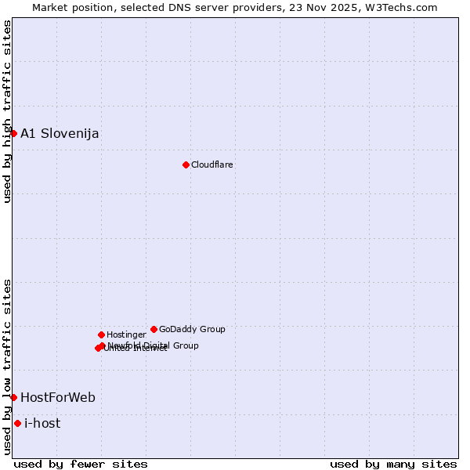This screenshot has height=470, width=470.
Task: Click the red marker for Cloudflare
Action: click(x=186, y=164)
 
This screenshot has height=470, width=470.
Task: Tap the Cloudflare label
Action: click(x=212, y=164)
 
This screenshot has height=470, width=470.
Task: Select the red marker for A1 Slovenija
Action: click(x=13, y=133)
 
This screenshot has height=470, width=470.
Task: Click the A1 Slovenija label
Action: click(x=60, y=133)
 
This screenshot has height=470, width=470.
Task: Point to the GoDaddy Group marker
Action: click(x=154, y=329)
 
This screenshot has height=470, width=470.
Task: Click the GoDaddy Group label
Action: click(x=192, y=329)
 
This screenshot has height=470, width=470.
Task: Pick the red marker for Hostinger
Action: click(x=101, y=334)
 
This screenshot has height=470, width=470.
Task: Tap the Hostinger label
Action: click(x=127, y=334)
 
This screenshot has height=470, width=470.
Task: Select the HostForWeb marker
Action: click(x=13, y=397)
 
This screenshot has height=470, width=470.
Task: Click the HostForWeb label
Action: click(x=58, y=397)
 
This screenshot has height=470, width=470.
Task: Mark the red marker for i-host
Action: click(x=17, y=423)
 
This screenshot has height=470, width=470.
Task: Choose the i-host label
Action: click(x=42, y=423)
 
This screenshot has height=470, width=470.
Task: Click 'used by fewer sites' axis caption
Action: click(x=81, y=464)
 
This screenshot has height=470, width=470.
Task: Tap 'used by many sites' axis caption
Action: click(x=393, y=464)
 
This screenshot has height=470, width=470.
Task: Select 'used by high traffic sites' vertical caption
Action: click(x=7, y=111)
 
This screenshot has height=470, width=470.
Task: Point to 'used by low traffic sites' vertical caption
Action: click(x=7, y=366)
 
